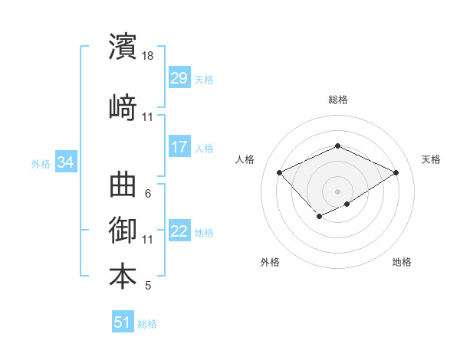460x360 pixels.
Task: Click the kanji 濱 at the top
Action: [x=123, y=47]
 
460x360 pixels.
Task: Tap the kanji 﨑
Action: [x=123, y=106]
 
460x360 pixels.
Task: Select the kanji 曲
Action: [x=123, y=185]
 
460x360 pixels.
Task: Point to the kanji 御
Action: [x=123, y=229]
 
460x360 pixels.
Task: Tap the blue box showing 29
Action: [x=179, y=78]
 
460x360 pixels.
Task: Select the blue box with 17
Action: [x=179, y=147]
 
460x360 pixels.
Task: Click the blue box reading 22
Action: [x=179, y=232]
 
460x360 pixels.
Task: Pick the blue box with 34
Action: [x=66, y=162]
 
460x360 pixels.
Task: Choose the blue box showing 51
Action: [x=123, y=322]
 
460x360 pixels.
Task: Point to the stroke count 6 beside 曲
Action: [x=148, y=194]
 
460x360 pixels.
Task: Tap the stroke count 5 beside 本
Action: [x=148, y=286]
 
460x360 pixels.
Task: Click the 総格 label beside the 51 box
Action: [x=147, y=324]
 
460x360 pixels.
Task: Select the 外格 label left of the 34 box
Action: [x=41, y=163]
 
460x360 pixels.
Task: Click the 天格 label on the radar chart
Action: [x=431, y=159]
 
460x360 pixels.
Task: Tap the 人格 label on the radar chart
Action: [x=245, y=159]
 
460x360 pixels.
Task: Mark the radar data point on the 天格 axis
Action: [x=396, y=173]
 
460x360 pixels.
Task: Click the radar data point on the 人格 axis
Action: [x=280, y=173]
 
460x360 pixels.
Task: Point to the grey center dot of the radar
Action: [x=337, y=191]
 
